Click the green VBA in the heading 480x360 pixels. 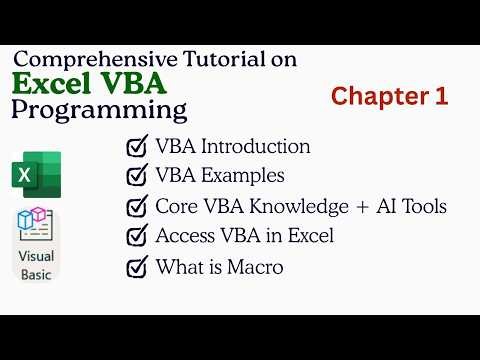click(140, 83)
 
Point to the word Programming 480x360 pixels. click(99, 109)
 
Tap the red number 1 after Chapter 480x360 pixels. click(441, 96)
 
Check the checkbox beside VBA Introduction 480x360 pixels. click(137, 147)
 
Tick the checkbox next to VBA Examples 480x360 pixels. click(137, 177)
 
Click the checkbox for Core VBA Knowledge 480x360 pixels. click(137, 207)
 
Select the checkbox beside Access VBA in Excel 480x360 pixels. click(137, 237)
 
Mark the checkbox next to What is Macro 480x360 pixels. click(137, 267)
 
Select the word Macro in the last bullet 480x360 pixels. click(255, 267)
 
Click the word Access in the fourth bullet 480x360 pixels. click(185, 237)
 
